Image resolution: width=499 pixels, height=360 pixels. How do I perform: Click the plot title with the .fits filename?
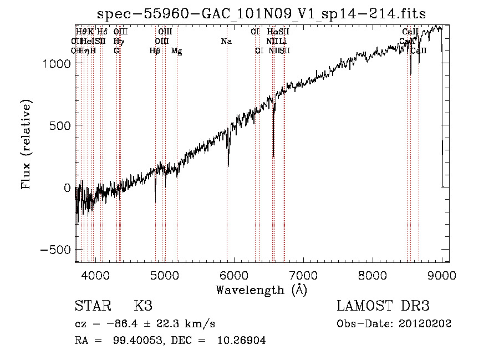pyautogui.click(x=261, y=14)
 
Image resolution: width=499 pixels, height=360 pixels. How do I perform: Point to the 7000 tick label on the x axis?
pyautogui.click(x=303, y=275)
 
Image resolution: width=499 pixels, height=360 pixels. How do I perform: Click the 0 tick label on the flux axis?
pyautogui.click(x=67, y=187)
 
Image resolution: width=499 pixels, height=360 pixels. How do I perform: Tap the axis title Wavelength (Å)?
pyautogui.click(x=261, y=290)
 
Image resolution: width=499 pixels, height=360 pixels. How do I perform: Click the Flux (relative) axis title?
pyautogui.click(x=26, y=144)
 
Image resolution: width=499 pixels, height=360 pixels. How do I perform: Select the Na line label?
pyautogui.click(x=226, y=42)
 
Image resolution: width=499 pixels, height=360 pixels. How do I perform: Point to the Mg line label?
pyautogui.click(x=176, y=51)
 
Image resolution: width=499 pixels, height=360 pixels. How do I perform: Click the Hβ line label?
pyautogui.click(x=155, y=51)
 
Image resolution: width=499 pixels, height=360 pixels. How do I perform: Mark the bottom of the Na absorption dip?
pyautogui.click(x=228, y=165)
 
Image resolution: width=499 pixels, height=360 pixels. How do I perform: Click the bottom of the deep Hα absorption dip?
pyautogui.click(x=273, y=157)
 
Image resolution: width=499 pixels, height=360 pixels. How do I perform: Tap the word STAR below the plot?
pyautogui.click(x=91, y=306)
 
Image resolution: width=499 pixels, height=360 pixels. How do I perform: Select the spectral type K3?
pyautogui.click(x=142, y=306)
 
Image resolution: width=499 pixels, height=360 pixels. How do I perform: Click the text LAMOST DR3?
pyautogui.click(x=383, y=306)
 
